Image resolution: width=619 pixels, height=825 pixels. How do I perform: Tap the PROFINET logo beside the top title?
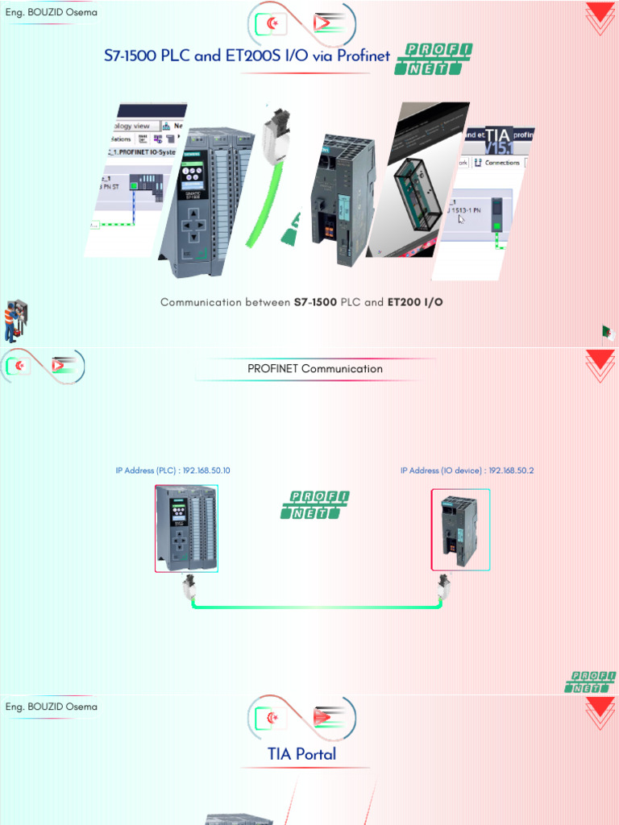click(433, 60)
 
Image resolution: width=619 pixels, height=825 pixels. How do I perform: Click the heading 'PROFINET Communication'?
click(314, 369)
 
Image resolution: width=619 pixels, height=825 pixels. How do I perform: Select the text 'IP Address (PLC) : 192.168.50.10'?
click(172, 471)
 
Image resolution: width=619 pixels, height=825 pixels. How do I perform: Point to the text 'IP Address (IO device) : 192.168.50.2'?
click(467, 471)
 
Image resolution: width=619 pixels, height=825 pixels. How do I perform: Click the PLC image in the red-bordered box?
click(186, 529)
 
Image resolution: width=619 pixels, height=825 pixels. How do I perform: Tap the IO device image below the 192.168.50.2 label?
click(460, 529)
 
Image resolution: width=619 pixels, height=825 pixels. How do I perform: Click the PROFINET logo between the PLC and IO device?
click(315, 505)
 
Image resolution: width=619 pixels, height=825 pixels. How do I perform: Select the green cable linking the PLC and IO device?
click(316, 605)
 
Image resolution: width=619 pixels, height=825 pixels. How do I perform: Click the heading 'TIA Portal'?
click(302, 754)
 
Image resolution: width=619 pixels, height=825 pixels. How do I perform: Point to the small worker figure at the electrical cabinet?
click(14, 320)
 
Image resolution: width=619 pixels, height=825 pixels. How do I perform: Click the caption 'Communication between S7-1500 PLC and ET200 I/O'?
click(301, 303)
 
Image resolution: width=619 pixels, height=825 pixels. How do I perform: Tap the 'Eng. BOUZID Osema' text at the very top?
click(52, 13)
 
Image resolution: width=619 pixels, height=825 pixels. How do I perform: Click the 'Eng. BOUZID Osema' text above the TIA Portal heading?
click(52, 707)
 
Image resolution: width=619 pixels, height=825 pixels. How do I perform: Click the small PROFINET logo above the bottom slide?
click(590, 682)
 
